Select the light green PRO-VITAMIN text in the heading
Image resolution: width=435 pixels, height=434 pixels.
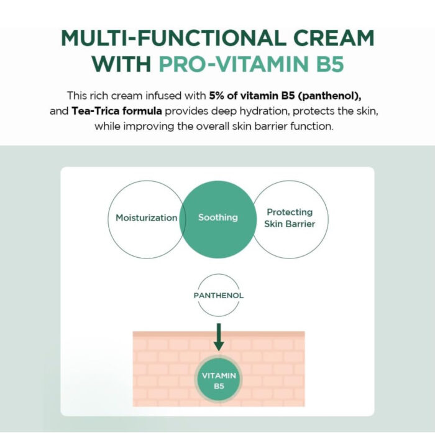point(231,65)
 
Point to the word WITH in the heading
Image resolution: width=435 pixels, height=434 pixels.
point(121,65)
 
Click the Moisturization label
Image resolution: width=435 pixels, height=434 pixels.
point(147,218)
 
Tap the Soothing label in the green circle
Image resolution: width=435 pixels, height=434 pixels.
point(217,217)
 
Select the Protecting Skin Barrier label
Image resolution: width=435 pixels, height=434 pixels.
point(289,218)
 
